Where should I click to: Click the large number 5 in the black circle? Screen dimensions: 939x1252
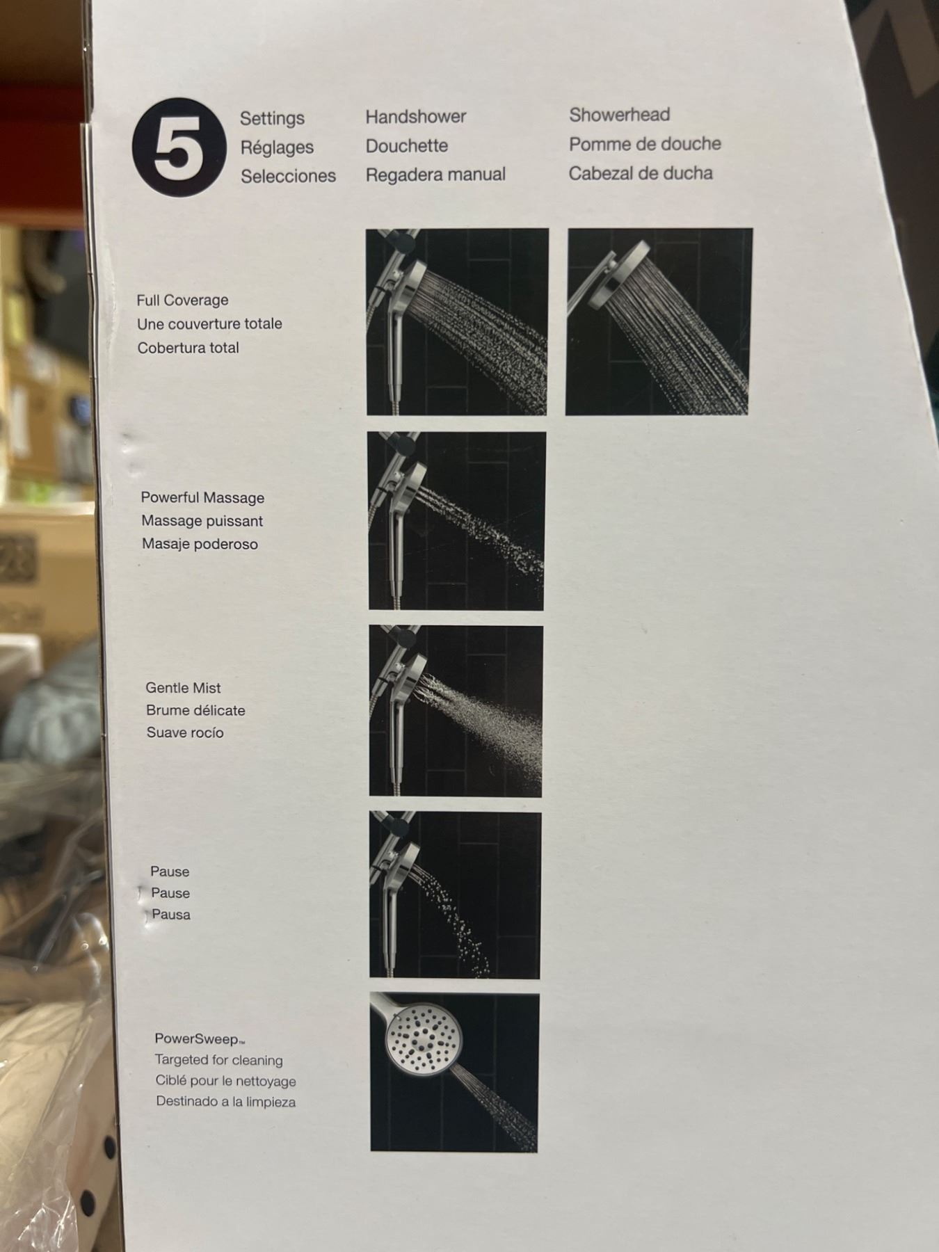pos(178,147)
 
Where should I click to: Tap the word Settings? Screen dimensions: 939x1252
pos(272,118)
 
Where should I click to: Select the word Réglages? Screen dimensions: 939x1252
pos(277,147)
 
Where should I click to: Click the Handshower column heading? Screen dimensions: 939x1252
pos(416,117)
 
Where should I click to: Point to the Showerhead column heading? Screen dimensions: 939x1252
pos(620,115)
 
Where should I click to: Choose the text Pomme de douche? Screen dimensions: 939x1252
pos(645,144)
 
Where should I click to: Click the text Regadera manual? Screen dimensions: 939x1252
pos(435,175)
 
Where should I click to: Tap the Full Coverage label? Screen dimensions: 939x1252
pos(182,300)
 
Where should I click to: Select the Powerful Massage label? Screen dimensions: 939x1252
pos(202,497)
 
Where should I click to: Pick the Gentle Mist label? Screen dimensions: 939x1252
pos(183,688)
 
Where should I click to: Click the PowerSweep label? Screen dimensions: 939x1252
pos(200,1039)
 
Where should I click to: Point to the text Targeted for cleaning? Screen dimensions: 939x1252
pos(218,1061)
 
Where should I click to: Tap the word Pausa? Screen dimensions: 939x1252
pos(171,915)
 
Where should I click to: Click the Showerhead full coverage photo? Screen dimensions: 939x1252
pos(659,321)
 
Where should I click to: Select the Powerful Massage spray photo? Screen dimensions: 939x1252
pos(456,521)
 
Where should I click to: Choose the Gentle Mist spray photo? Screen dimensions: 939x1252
pos(456,711)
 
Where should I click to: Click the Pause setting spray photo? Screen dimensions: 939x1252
pos(455,895)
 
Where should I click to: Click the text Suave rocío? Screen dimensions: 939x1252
pos(185,732)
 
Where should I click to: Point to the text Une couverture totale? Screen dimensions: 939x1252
pos(209,324)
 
